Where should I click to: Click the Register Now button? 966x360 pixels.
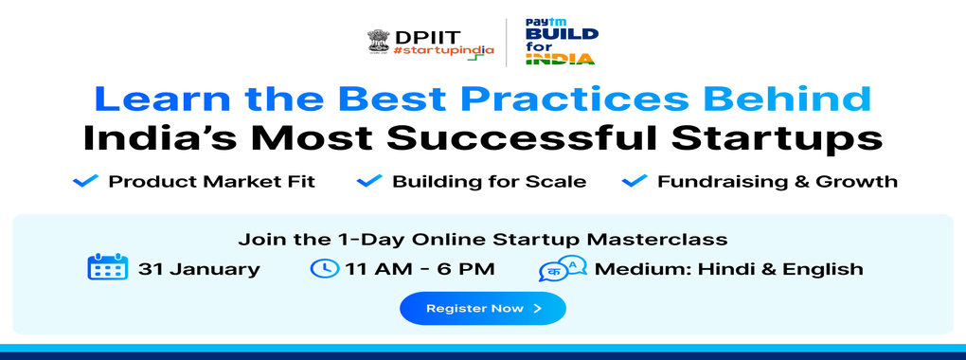(x=482, y=308)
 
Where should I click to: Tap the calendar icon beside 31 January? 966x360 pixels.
(x=108, y=268)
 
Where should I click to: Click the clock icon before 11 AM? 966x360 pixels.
(x=325, y=268)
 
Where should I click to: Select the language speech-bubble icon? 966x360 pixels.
(x=563, y=269)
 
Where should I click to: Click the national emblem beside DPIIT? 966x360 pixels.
(x=378, y=42)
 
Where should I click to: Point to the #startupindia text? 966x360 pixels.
(x=443, y=50)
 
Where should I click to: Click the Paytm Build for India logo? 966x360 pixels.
(x=561, y=42)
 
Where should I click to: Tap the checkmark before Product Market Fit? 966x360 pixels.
(x=85, y=181)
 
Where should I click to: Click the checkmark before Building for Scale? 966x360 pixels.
(x=369, y=181)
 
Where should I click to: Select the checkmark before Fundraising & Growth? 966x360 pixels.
(x=635, y=181)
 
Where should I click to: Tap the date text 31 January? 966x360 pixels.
(x=199, y=269)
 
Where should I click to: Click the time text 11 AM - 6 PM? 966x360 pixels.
(x=420, y=269)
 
